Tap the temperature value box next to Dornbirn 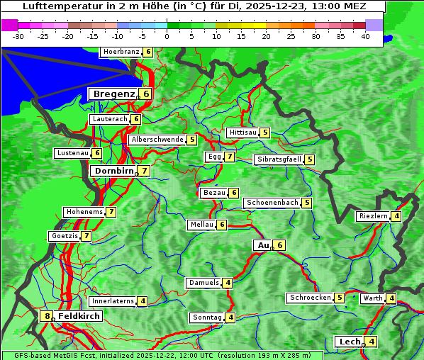click(144, 171)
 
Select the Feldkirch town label click(79, 316)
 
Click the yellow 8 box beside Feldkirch click(47, 316)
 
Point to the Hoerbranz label click(120, 52)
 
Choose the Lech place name click(350, 342)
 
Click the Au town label click(262, 245)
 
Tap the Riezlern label click(373, 216)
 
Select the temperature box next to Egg click(229, 157)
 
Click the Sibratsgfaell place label click(279, 159)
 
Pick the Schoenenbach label click(272, 203)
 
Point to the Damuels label click(203, 283)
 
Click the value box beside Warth click(391, 298)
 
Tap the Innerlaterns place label click(113, 301)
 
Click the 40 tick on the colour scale click(365, 36)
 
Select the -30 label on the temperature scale click(18, 36)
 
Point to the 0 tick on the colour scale click(167, 36)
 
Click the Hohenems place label click(84, 212)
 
